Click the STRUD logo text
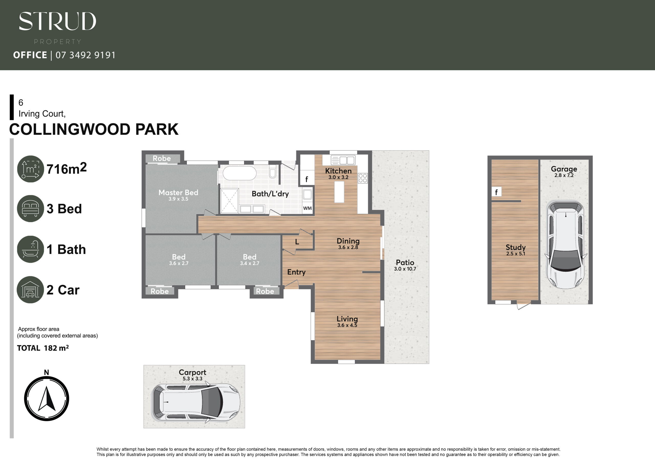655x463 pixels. pyautogui.click(x=57, y=21)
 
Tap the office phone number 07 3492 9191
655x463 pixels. pyautogui.click(x=85, y=55)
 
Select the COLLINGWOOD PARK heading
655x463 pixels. pyautogui.click(x=94, y=129)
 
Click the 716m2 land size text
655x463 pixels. pyautogui.click(x=67, y=168)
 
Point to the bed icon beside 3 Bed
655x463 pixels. pyautogui.click(x=30, y=208)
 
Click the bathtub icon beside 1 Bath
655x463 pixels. pyautogui.click(x=30, y=249)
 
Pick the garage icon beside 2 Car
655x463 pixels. pyautogui.click(x=30, y=290)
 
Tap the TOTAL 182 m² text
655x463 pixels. pyautogui.click(x=43, y=348)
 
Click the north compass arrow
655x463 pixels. pyautogui.click(x=47, y=399)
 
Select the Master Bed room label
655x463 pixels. pyautogui.click(x=178, y=193)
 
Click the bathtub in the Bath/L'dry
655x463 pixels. pyautogui.click(x=240, y=173)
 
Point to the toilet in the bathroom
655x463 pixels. pyautogui.click(x=272, y=171)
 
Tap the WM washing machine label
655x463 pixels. pyautogui.click(x=307, y=208)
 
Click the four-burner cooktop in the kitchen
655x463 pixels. pyautogui.click(x=363, y=178)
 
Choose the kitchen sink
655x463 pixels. pyautogui.click(x=343, y=160)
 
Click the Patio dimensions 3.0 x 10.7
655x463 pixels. pyautogui.click(x=405, y=269)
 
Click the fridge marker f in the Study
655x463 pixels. pyautogui.click(x=496, y=192)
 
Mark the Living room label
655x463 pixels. pyautogui.click(x=347, y=319)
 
